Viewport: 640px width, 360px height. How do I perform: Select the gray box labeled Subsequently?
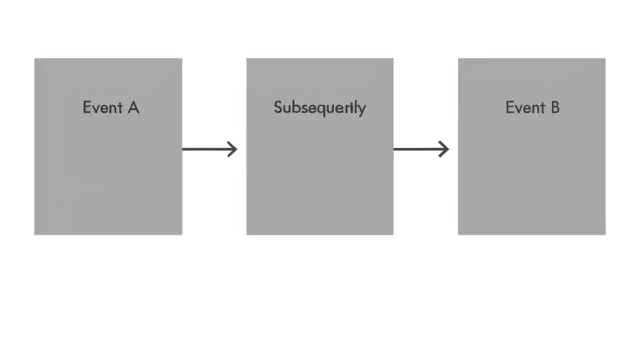(319, 170)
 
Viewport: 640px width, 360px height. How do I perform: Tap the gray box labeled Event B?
(531, 170)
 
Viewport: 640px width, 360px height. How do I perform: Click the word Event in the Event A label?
(103, 107)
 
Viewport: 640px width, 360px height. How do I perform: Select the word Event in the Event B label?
(525, 107)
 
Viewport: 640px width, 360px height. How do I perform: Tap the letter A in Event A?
(133, 107)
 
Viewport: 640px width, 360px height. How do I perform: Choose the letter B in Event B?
(554, 107)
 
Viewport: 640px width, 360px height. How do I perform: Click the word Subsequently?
(319, 107)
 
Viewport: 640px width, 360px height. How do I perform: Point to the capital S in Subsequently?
(278, 107)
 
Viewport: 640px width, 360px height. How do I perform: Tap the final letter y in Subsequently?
(362, 109)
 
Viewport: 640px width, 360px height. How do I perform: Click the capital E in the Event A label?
(87, 107)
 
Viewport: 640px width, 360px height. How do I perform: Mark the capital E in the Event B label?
(510, 107)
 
